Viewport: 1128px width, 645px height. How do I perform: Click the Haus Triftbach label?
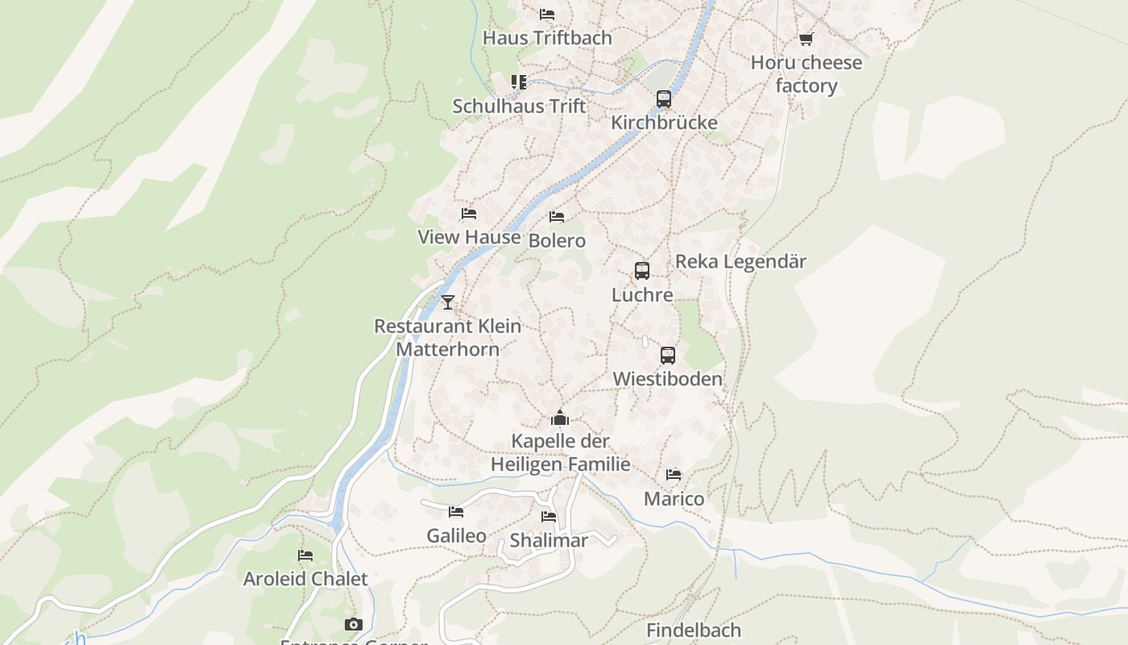547,38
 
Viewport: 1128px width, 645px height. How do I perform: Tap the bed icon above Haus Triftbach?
547,15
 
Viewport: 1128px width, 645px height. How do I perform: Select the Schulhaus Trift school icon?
519,82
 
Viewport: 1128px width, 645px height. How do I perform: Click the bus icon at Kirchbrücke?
663,99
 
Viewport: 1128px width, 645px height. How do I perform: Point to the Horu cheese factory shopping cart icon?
806,39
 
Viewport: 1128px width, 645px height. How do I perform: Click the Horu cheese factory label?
806,74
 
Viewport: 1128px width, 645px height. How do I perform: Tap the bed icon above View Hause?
469,214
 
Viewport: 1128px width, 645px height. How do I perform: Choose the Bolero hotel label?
557,240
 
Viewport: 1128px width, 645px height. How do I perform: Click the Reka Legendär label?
740,261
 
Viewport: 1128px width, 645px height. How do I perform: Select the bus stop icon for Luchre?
641,271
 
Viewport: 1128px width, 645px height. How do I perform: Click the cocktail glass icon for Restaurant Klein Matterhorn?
448,302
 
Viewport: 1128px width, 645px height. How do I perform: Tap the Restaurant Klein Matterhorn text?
448,337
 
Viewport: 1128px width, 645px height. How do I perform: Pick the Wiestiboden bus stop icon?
667,356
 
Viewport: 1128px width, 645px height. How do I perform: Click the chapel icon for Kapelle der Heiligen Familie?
560,418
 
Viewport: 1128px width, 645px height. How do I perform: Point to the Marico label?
674,499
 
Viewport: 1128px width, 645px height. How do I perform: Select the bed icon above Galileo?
456,512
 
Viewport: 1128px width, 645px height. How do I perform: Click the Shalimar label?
549,540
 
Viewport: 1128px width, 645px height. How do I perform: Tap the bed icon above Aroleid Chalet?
305,556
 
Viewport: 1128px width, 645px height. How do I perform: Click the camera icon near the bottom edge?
353,625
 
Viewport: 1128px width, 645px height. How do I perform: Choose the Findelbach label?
693,630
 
